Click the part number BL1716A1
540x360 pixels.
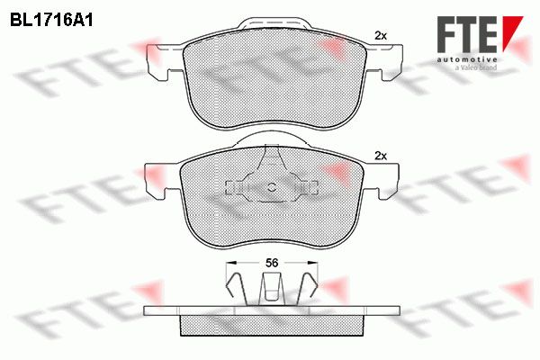point(51,21)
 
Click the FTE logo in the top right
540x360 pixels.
point(480,43)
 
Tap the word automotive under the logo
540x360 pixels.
point(467,60)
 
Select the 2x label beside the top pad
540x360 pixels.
point(381,35)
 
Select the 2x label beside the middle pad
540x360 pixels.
point(381,157)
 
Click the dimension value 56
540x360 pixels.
point(272,263)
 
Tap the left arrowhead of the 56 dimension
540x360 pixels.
point(230,263)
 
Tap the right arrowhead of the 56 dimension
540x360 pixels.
point(312,263)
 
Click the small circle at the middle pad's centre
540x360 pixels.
point(272,187)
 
